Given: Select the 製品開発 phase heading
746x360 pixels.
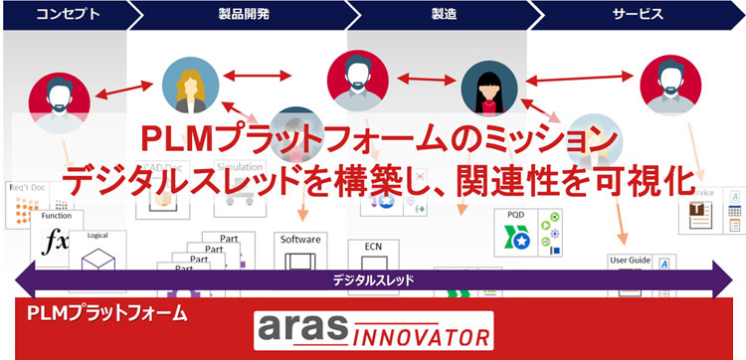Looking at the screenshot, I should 242,15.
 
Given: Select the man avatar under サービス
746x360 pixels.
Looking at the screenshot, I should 668,85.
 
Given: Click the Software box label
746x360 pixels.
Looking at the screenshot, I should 300,240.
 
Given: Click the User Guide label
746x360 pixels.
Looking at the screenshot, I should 630,261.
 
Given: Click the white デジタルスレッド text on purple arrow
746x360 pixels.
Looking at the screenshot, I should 373,280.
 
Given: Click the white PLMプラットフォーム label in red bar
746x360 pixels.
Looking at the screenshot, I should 106,314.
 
